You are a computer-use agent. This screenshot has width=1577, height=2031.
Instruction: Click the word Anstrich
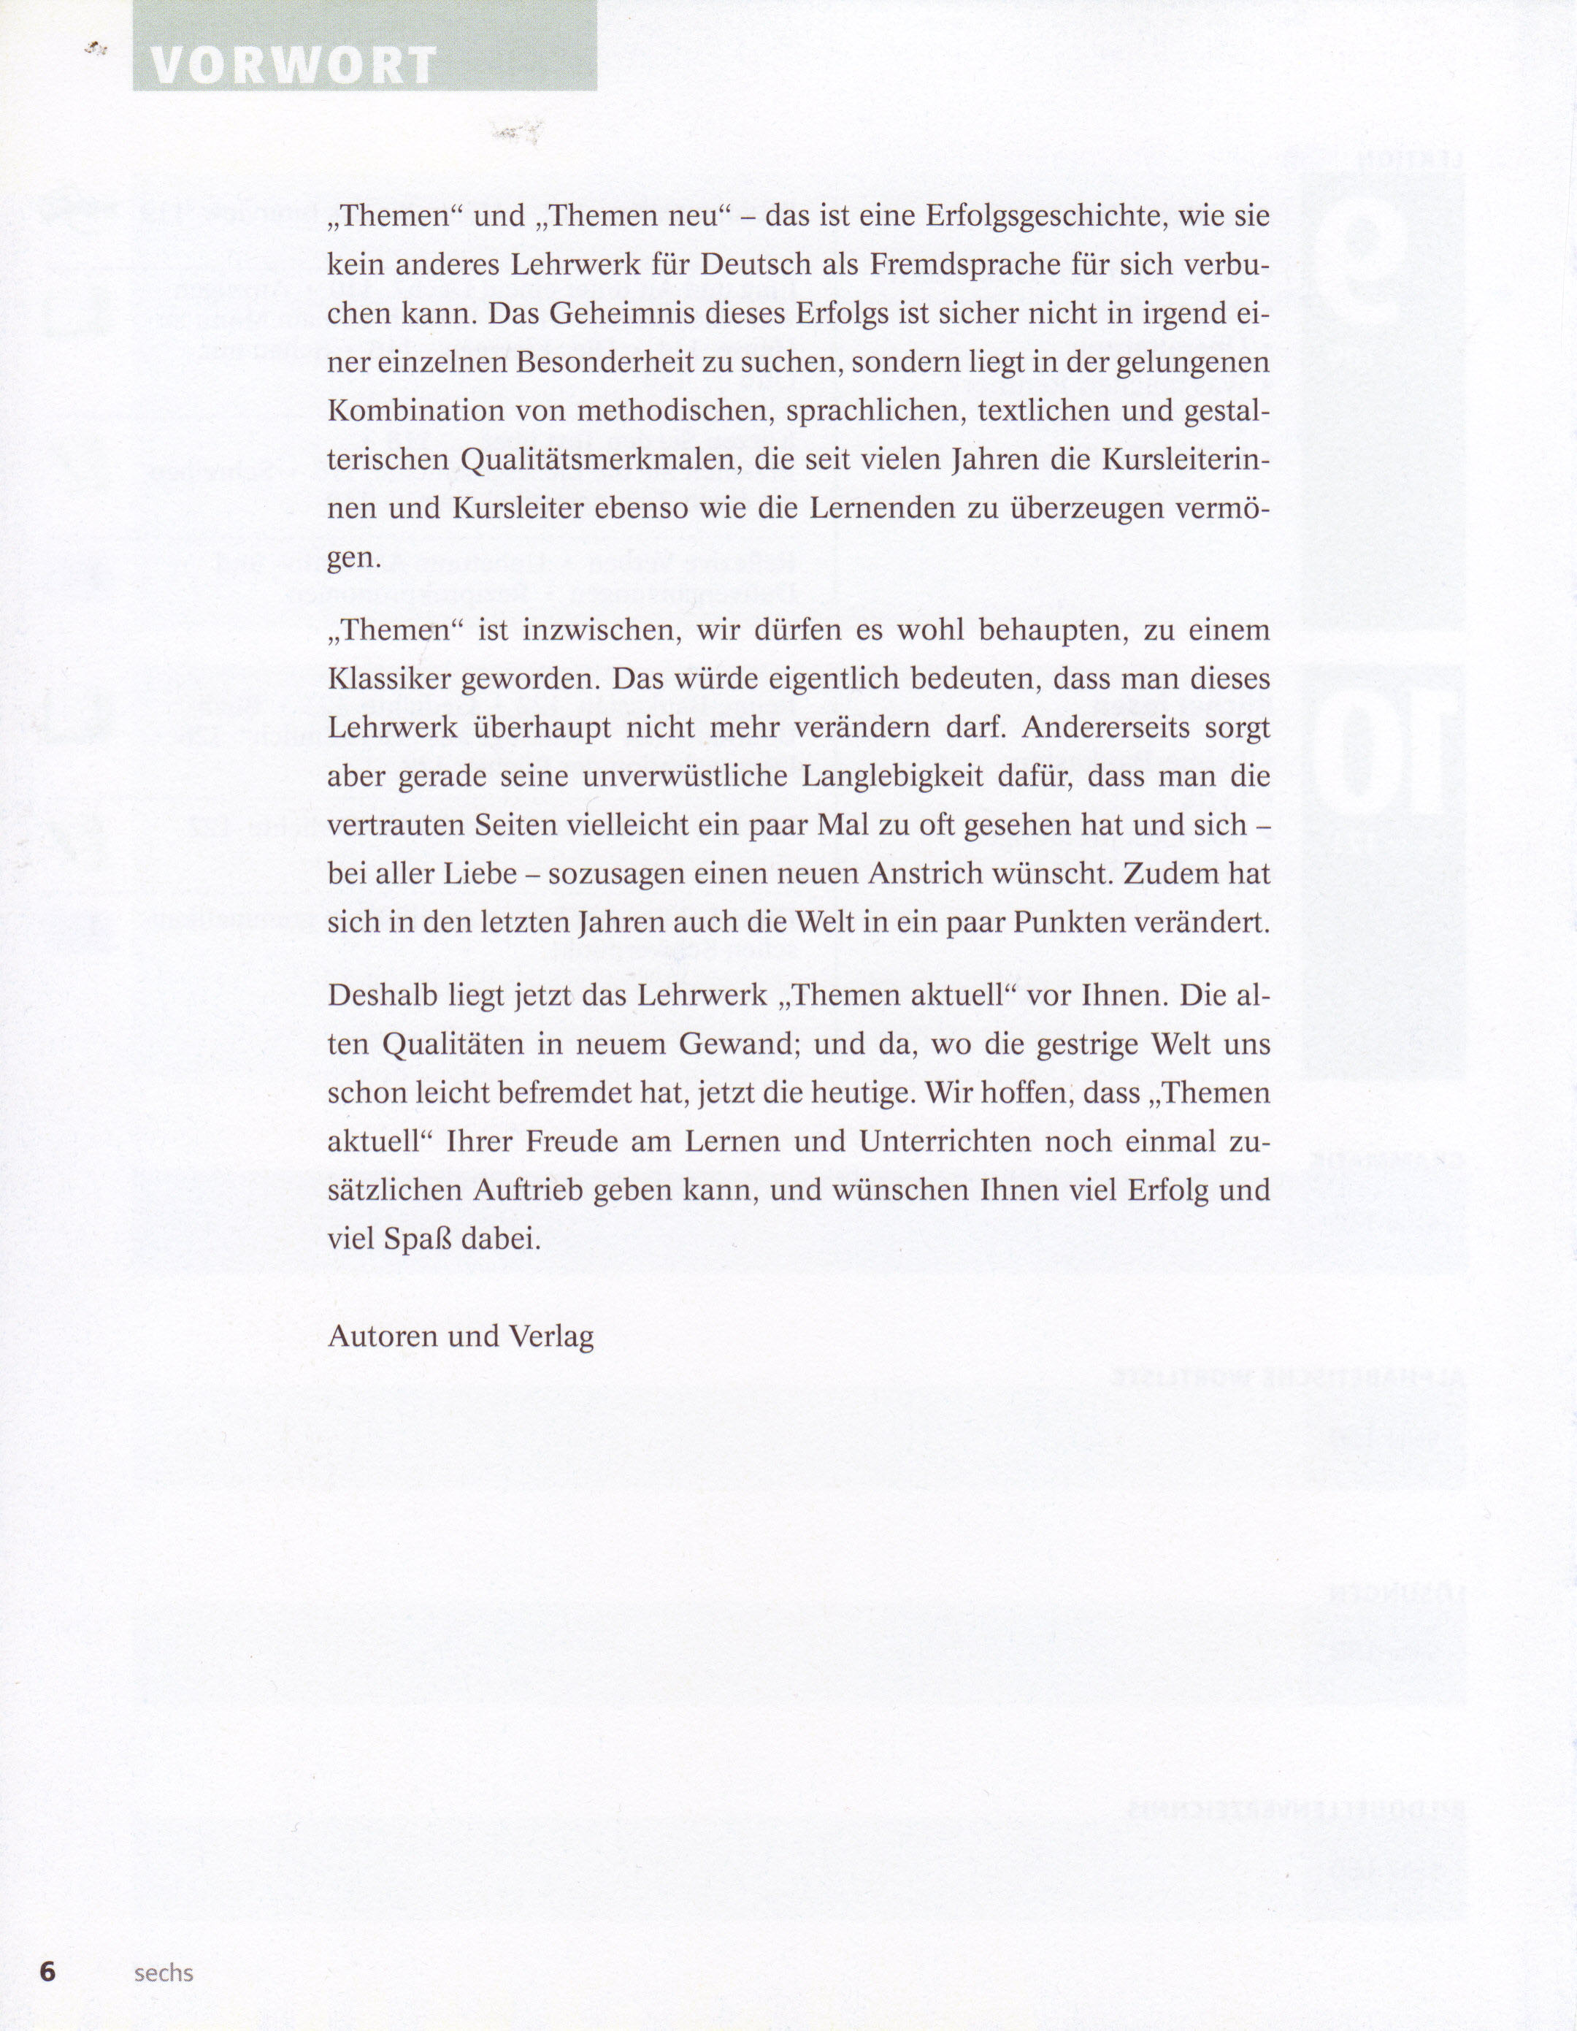[x=916, y=874]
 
